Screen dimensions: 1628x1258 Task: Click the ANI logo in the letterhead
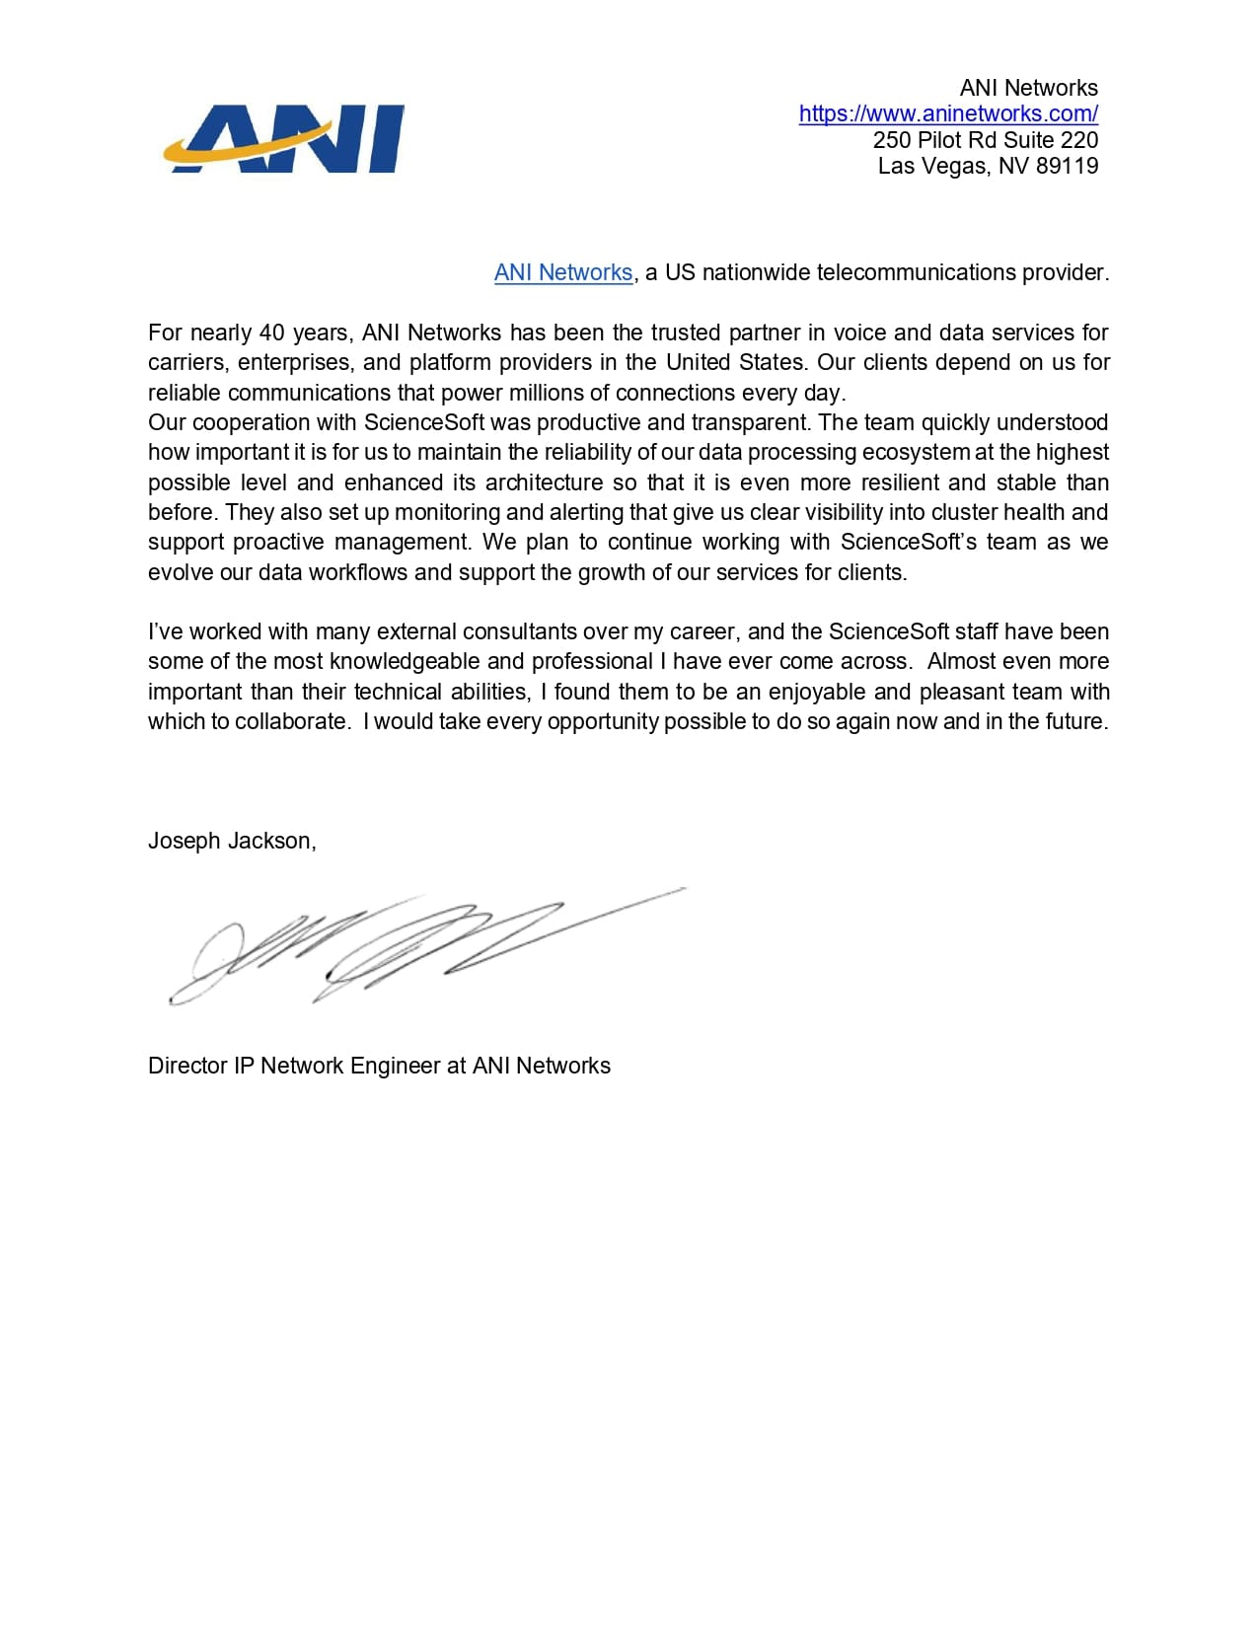coord(285,138)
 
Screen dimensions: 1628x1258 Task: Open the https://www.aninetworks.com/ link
coord(948,113)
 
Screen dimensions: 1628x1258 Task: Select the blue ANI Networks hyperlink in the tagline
coord(562,272)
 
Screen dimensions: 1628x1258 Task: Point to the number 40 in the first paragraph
coord(272,333)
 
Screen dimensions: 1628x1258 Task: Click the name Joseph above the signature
coord(185,841)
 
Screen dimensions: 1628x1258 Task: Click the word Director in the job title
coord(187,1066)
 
